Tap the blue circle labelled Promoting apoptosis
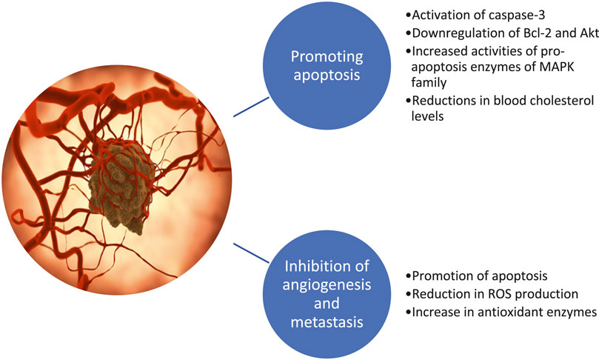327,65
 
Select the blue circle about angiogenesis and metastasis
327,294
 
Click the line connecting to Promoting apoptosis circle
251,107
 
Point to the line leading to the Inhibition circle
251,253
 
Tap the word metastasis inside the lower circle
327,321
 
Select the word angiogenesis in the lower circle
327,285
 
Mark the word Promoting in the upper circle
327,57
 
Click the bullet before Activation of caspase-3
409,16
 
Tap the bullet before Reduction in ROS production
409,294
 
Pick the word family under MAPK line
429,82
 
